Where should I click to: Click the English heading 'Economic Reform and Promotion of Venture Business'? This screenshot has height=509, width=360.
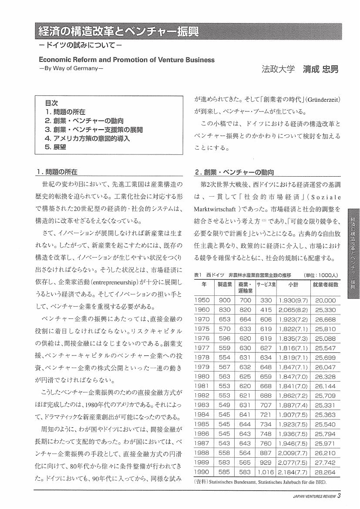(127, 60)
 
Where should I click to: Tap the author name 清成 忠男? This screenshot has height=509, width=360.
(320, 69)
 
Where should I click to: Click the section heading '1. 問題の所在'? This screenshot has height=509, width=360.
(61, 171)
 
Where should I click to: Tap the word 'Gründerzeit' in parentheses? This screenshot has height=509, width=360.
(323, 100)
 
